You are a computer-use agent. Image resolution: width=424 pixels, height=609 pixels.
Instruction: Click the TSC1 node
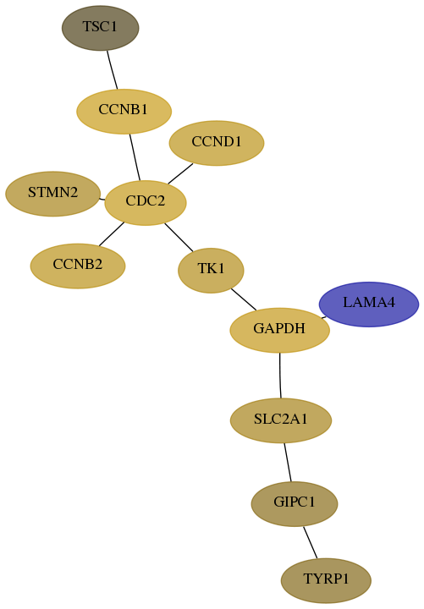pos(100,28)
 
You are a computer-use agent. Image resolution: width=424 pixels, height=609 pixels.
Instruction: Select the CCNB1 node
pos(124,112)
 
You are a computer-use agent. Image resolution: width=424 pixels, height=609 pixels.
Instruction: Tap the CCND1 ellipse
pos(217,143)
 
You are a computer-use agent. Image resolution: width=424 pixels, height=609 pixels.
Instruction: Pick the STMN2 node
pos(52,194)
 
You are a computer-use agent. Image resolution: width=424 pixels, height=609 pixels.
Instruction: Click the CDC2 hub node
pos(146,203)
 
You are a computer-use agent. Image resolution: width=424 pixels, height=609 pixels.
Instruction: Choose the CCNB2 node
pos(78,266)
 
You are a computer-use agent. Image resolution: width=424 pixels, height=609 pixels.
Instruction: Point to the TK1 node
pos(211,271)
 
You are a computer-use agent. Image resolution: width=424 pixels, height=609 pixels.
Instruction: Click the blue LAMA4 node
pos(369,304)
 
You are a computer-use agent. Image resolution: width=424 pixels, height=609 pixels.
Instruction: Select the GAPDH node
pos(280,330)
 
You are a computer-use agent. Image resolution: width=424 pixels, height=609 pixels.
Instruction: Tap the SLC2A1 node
pos(281,420)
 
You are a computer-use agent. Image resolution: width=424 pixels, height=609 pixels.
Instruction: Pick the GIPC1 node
pos(295,504)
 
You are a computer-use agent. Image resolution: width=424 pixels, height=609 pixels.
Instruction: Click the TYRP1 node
pos(326,580)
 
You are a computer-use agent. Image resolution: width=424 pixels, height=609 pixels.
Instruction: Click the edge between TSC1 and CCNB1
pos(113,70)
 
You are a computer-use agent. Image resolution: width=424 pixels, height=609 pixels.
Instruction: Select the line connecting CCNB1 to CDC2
pos(135,157)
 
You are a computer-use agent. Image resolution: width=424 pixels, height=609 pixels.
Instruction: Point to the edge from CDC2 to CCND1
pos(180,173)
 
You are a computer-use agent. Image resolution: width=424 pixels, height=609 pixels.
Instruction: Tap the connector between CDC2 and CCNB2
pos(112,234)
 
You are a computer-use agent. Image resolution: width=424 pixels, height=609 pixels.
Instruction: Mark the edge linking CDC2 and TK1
pos(179,238)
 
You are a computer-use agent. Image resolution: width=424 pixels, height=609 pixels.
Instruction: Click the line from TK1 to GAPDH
pos(244,299)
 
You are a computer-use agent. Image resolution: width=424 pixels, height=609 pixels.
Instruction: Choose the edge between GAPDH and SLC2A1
pos(280,376)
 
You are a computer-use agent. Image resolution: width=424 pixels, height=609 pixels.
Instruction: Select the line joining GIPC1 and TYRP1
pos(311,542)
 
